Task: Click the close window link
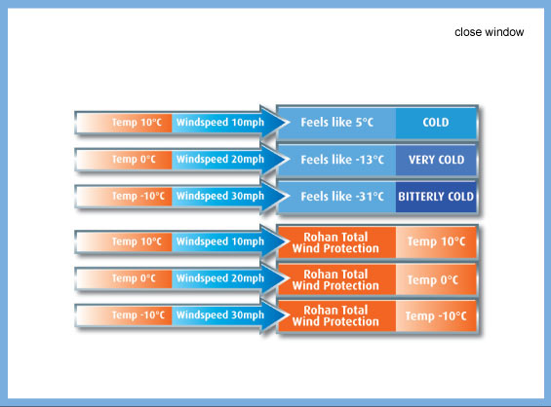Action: [x=490, y=32]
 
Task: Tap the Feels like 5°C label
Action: [x=337, y=122]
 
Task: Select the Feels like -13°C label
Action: [x=342, y=160]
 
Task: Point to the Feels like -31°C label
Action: [x=342, y=196]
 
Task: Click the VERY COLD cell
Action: [x=436, y=160]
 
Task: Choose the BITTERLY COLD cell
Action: [x=436, y=197]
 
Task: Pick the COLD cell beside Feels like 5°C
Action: [x=436, y=122]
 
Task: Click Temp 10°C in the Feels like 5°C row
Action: [x=137, y=122]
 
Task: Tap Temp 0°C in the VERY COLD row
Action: [x=134, y=159]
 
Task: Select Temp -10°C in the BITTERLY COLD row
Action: [x=138, y=196]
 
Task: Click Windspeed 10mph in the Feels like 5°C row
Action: [x=220, y=122]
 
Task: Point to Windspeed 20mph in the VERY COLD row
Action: [x=220, y=159]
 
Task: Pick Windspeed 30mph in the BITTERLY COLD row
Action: [x=220, y=196]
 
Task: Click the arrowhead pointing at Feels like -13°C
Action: [x=275, y=159]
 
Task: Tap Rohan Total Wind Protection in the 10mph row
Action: [x=335, y=242]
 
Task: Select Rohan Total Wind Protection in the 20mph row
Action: [x=335, y=279]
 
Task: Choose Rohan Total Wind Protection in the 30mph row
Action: [x=335, y=315]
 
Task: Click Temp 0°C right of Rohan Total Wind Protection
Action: [x=433, y=280]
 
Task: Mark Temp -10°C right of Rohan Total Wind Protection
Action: [x=436, y=316]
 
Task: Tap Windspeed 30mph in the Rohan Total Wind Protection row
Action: [x=220, y=314]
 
